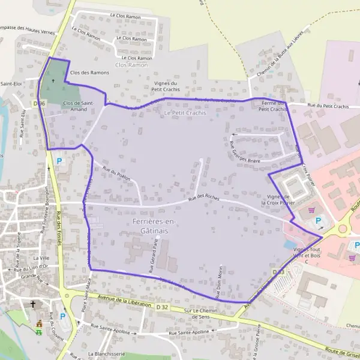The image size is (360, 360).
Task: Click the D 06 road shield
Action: click(x=40, y=104)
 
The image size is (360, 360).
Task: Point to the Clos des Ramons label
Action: click(x=89, y=73)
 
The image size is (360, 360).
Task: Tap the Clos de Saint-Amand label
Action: click(x=78, y=106)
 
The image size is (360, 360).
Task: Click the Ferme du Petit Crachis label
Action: click(x=272, y=106)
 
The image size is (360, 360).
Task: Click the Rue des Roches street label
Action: click(x=205, y=197)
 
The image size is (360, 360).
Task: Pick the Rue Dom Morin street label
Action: click(x=220, y=280)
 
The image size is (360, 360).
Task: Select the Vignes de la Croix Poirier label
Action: click(x=279, y=200)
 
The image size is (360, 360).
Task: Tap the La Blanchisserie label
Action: click(x=106, y=354)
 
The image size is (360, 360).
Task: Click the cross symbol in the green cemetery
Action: click(x=53, y=80)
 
